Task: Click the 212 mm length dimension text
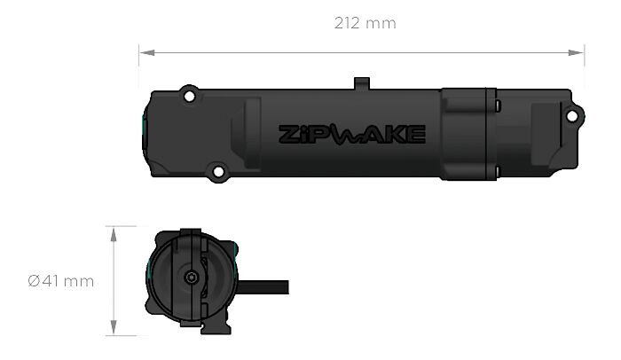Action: pos(365,23)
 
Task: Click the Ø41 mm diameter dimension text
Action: pos(60,281)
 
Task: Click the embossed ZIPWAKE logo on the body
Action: pos(352,134)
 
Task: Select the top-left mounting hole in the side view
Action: pos(187,93)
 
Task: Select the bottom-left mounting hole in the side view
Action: pos(216,171)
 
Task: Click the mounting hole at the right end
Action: pos(575,114)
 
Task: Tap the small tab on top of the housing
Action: pos(361,83)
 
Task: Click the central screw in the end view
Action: pos(191,278)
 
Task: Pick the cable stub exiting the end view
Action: pos(266,287)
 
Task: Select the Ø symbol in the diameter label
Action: pos(33,281)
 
